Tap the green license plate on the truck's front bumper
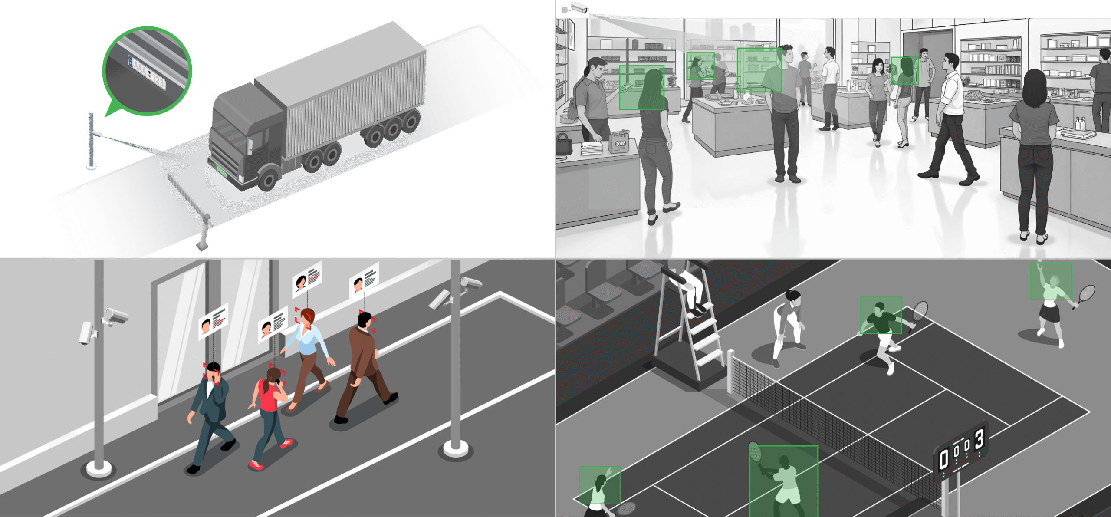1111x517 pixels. pos(221,171)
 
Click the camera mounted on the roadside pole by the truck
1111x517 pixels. pos(96,133)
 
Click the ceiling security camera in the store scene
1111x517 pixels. pos(575,8)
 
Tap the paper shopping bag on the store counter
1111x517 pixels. pos(618,141)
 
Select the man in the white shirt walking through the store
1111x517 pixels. pos(950,117)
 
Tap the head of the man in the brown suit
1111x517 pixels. pos(365,320)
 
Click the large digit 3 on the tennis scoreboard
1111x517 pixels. pos(979,440)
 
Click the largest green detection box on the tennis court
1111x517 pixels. pos(783,481)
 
